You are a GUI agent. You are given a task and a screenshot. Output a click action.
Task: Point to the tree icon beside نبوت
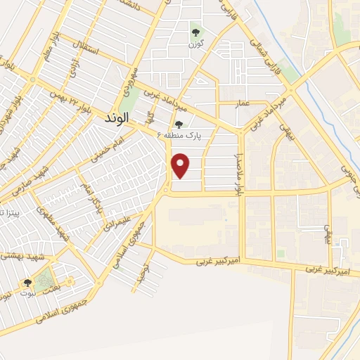[x=27, y=283]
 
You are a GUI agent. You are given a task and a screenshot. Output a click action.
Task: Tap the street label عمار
[x=243, y=104]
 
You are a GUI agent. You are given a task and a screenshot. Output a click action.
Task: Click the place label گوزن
[x=195, y=44]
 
